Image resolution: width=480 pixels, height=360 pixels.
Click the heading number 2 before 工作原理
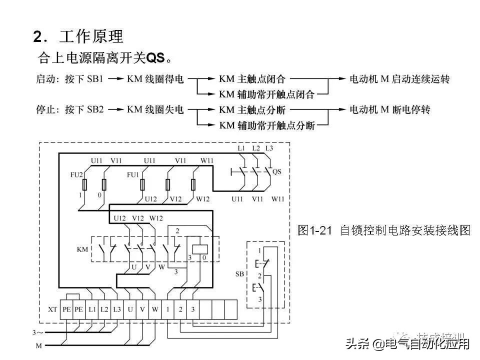coord(38,37)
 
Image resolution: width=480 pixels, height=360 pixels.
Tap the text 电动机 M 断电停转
coord(389,109)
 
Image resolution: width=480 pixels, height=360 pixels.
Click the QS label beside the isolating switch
coord(276,171)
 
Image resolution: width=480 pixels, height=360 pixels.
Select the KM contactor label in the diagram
coord(83,248)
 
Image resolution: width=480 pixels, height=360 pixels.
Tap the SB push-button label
coord(240,274)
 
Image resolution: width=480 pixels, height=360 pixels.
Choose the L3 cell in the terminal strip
coord(116,309)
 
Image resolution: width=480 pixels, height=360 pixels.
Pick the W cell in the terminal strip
coord(155,309)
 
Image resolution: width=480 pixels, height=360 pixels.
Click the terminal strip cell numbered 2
coord(180,309)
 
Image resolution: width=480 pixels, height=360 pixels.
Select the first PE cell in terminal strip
coord(66,309)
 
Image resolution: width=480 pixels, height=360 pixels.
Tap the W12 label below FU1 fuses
coord(202,199)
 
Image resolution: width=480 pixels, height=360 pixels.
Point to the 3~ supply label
coord(37,332)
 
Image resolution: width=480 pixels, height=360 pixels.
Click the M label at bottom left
coord(38,345)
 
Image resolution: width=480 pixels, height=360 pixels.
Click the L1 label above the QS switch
coord(241,148)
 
